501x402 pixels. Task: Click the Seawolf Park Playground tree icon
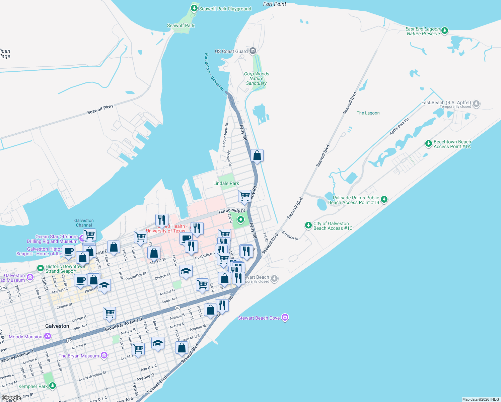coord(194,8)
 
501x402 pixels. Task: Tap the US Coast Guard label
coord(231,51)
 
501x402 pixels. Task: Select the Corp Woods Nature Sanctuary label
coord(257,78)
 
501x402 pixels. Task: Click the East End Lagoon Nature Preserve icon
coord(445,31)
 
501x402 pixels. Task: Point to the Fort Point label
coord(275,4)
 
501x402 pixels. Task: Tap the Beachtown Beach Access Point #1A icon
coord(428,144)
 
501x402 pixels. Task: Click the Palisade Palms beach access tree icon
coord(384,200)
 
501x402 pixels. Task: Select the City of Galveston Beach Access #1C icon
coord(308,225)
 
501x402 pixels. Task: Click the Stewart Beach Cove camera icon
coord(285,318)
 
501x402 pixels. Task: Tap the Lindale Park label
coord(226,183)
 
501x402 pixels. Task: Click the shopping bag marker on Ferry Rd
coord(257,156)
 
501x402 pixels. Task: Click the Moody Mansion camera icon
coord(48,336)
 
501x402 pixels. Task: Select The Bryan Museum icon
coord(104,355)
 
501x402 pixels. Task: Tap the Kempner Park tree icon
coord(53,386)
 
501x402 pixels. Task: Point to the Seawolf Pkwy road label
coord(100,109)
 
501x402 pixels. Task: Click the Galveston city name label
coord(57,326)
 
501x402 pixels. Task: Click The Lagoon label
coord(368,113)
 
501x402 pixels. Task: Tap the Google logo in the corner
coord(11,398)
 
